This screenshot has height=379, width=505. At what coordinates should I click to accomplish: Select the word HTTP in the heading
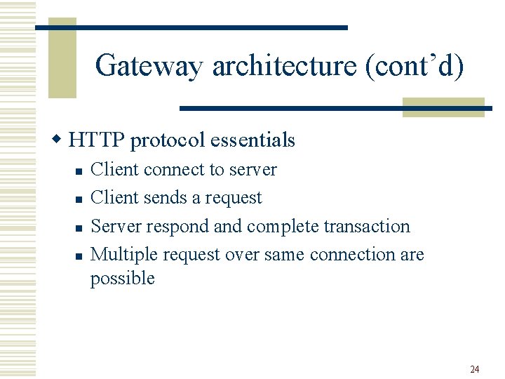click(97, 140)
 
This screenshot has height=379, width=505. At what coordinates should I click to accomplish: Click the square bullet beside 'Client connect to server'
click(79, 171)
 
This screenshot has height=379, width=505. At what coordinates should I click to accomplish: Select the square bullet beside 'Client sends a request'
click(79, 199)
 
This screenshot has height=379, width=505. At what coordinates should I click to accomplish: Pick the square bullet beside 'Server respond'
click(79, 228)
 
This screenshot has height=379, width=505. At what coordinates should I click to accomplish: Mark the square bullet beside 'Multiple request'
click(79, 256)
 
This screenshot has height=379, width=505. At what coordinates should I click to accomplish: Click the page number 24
click(474, 369)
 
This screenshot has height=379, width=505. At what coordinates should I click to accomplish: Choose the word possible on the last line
click(122, 279)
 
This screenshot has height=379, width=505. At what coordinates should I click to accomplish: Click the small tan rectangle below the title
click(443, 107)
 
